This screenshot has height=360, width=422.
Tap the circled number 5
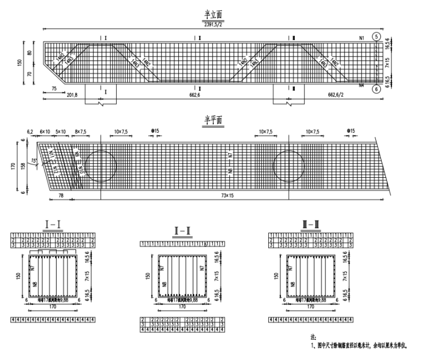point(377,37)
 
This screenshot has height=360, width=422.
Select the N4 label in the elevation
point(361,86)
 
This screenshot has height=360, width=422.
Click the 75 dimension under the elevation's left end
point(54,88)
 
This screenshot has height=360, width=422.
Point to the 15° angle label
point(33,161)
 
